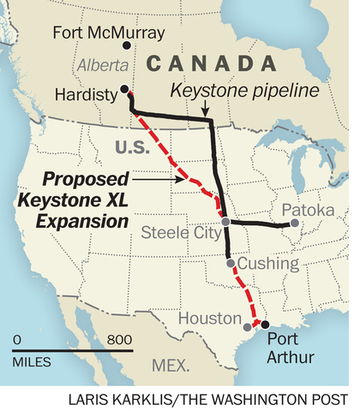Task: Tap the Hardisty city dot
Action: (x=125, y=88)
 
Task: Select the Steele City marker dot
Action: (x=225, y=222)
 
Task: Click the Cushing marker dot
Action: (x=229, y=264)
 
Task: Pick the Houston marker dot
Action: (x=249, y=326)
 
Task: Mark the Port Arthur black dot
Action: (x=264, y=325)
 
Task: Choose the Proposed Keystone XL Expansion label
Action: (x=77, y=199)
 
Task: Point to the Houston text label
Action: (x=209, y=319)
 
